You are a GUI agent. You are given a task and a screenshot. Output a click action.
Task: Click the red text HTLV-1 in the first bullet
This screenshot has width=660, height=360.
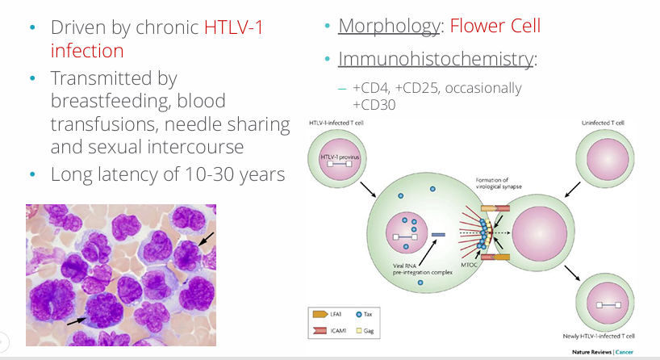tap(234, 27)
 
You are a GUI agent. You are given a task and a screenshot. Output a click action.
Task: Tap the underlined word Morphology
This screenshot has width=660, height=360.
tap(389, 27)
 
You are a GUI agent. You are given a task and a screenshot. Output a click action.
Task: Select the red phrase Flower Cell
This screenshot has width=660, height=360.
tap(495, 26)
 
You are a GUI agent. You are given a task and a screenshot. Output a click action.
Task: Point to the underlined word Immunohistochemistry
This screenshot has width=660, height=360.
tap(436, 59)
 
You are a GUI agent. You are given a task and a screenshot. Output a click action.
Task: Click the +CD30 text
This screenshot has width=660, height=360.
tap(374, 105)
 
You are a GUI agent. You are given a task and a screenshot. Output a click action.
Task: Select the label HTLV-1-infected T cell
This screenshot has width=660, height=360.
tap(336, 123)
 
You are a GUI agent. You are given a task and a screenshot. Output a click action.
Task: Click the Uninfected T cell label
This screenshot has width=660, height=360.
tap(603, 123)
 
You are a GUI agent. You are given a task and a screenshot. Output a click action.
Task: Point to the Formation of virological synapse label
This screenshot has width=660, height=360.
tap(499, 183)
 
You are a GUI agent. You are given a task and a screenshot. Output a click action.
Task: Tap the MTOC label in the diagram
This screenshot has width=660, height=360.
tap(469, 265)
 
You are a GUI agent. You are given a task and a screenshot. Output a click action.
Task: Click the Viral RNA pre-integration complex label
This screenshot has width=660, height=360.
tap(422, 269)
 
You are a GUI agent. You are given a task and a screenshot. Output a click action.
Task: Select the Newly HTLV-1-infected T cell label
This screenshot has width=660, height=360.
tap(599, 336)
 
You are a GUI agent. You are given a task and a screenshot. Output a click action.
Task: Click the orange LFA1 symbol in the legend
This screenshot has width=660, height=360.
tap(320, 314)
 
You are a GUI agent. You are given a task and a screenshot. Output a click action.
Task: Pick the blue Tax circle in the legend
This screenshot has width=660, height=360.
tap(359, 315)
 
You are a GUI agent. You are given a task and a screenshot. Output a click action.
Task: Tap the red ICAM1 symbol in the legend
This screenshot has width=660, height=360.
tap(320, 330)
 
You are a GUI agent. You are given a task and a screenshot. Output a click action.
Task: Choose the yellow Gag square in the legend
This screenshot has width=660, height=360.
tap(359, 330)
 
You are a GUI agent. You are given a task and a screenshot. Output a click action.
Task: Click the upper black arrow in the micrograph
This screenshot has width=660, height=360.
tap(207, 239)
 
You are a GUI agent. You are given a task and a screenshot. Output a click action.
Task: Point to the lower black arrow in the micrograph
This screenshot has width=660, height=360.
tap(77, 320)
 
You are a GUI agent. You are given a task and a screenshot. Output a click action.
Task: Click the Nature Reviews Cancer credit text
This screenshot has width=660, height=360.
tap(603, 352)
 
